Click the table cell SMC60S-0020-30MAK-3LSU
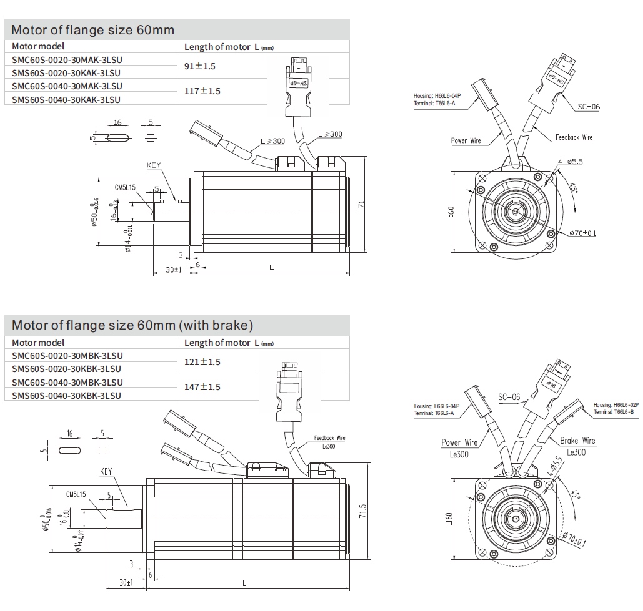(x=67, y=60)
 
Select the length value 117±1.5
(x=202, y=91)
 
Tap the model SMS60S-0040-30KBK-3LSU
(x=67, y=395)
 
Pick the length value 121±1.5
(x=202, y=362)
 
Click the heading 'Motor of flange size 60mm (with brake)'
(x=132, y=325)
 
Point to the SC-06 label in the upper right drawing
(x=587, y=107)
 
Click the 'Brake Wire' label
(x=577, y=441)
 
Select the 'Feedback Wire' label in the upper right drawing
(x=573, y=137)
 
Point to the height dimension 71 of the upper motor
(x=361, y=203)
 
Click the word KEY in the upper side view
(x=154, y=165)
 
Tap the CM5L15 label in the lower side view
(x=77, y=494)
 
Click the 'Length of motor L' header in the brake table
(x=229, y=343)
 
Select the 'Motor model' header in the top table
(x=38, y=46)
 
